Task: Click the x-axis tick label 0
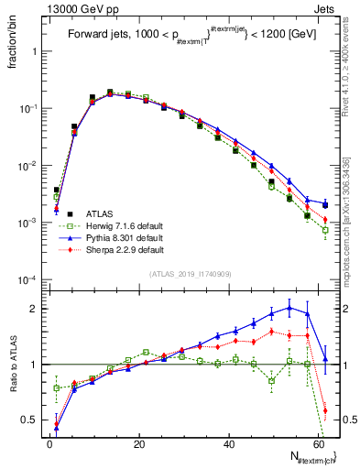click(x=50, y=442)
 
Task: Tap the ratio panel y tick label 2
click(x=34, y=309)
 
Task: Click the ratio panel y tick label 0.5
click(x=30, y=420)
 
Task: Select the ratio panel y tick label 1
click(x=34, y=365)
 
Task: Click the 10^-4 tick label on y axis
click(x=27, y=279)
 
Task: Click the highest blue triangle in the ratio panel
click(x=289, y=308)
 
